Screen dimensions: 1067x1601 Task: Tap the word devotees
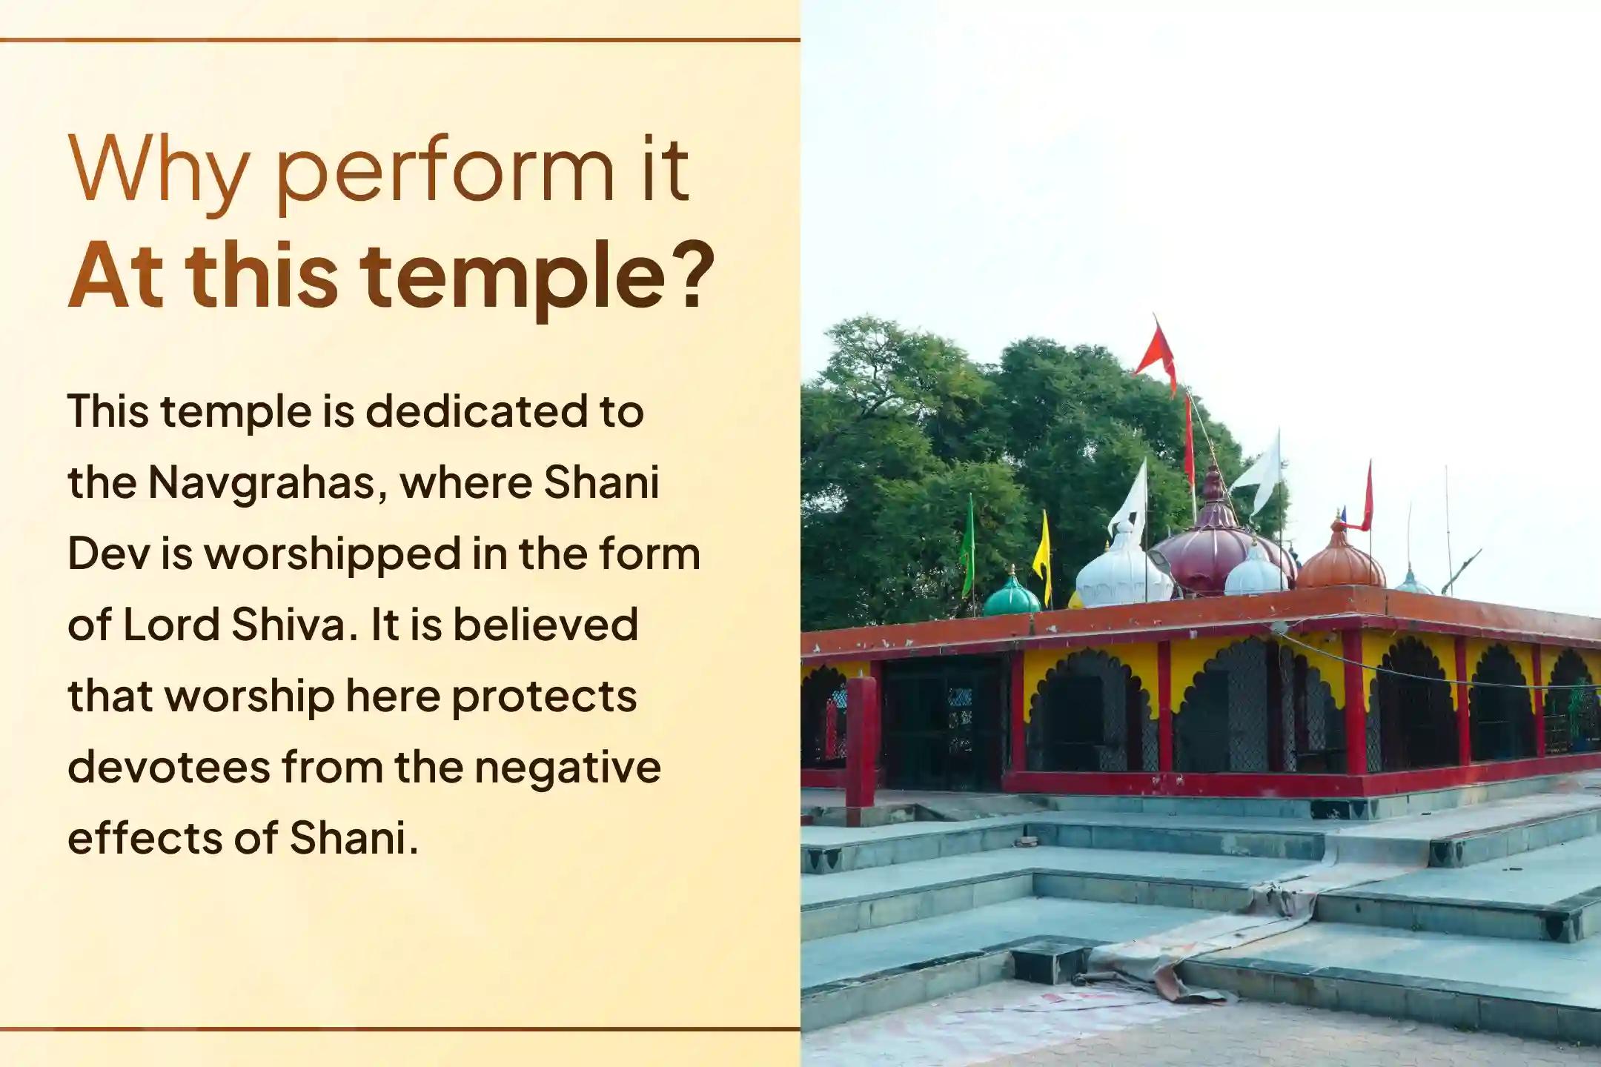168,767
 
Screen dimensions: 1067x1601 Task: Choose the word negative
567,767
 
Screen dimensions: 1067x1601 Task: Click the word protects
545,697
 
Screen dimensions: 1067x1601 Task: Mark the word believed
545,625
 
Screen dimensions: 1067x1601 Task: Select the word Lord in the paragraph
171,625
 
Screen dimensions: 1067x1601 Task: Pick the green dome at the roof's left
1011,596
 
